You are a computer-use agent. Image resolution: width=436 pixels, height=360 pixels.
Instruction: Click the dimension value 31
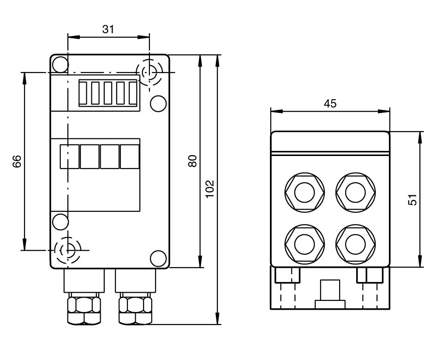tap(108, 30)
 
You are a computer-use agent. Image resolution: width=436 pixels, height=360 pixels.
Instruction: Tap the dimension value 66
tap(17, 161)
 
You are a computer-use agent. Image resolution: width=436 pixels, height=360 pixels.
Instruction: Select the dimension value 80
tap(193, 161)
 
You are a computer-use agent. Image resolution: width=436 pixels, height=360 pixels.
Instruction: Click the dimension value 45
tap(330, 104)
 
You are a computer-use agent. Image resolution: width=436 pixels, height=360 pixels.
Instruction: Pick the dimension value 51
tap(413, 199)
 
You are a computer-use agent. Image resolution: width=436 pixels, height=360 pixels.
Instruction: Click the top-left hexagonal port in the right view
tap(304, 192)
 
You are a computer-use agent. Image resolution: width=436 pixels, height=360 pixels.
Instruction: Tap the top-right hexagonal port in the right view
tap(355, 192)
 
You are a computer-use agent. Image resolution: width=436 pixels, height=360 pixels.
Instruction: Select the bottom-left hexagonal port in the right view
tap(304, 243)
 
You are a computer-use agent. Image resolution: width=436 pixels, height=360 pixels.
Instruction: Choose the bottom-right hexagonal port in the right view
tap(355, 243)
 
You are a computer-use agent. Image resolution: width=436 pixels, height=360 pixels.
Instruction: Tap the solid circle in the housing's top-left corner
tap(60, 64)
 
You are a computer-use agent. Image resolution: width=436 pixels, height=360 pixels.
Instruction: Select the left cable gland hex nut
tap(84, 310)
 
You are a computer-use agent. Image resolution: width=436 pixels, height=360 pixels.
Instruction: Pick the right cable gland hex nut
tap(135, 310)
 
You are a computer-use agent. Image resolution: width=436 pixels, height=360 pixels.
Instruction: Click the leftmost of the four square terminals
tap(70, 156)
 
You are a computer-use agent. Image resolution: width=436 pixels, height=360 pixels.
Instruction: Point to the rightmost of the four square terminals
tap(130, 156)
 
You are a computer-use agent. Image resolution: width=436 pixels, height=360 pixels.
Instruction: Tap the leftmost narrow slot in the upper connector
tap(84, 93)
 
